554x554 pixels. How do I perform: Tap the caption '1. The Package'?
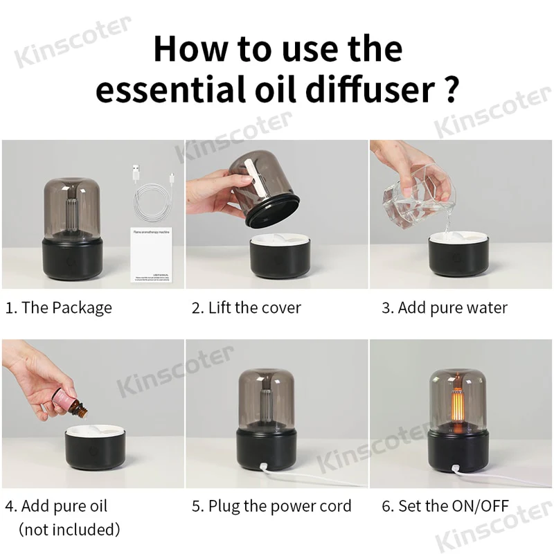[x=58, y=307]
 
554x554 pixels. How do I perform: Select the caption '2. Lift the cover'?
[x=246, y=307]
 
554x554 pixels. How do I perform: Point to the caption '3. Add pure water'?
[x=444, y=307]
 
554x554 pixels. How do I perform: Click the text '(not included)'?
[x=69, y=530]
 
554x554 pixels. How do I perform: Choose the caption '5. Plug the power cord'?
[x=271, y=506]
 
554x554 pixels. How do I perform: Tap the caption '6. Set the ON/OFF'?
[x=445, y=506]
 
